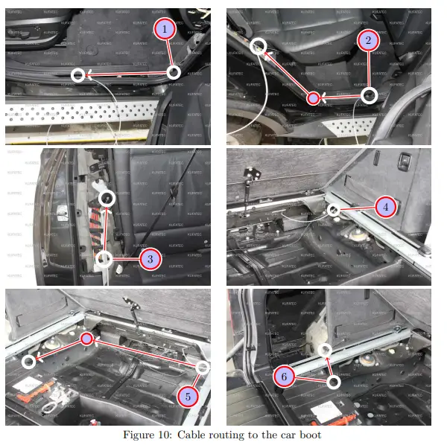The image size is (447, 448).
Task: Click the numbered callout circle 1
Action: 164,29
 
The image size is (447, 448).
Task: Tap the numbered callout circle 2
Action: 364,40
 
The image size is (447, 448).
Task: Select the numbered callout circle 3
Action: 150,259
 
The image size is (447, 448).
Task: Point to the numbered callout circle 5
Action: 188,396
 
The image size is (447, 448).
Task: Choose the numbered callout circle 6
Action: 284,377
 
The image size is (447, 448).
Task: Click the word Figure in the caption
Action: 140,435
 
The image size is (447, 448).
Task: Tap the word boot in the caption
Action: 308,435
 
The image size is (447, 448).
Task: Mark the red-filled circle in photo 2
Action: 314,97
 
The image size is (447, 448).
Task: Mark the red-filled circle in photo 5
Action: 86,339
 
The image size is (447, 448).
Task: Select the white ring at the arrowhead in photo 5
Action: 28,362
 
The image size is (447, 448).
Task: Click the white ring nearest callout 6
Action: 334,381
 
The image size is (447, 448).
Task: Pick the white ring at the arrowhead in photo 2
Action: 258,45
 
